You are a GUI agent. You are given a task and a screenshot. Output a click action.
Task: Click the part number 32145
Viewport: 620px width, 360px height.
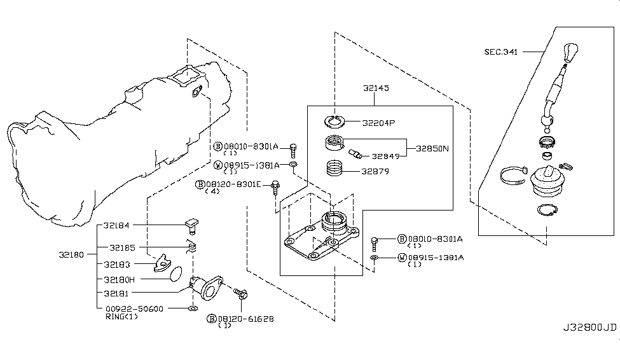376,89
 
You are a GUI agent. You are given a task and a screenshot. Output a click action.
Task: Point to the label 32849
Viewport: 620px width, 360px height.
385,156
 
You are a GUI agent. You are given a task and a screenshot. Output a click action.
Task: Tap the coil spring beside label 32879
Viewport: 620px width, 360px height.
334,170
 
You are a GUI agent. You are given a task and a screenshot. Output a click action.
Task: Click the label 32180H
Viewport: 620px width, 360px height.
121,279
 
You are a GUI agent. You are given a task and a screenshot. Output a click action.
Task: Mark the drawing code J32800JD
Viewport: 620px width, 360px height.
589,328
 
